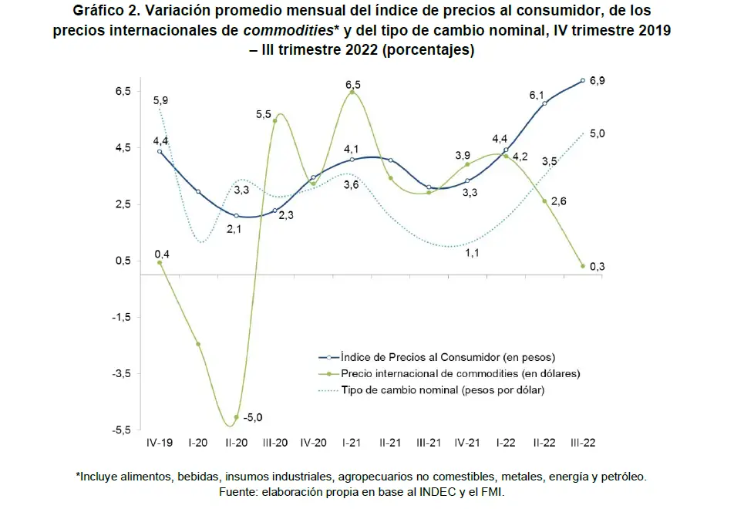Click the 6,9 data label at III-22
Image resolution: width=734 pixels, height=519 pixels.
point(598,81)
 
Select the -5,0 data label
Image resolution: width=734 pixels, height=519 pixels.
point(253,417)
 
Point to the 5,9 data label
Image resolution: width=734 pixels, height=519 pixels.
point(161,100)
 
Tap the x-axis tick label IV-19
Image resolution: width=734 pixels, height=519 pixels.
point(160,443)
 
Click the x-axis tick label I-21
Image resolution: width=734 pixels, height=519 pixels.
point(352,443)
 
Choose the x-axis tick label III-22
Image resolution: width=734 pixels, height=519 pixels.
point(582,443)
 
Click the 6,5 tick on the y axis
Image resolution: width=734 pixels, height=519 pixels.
point(122,91)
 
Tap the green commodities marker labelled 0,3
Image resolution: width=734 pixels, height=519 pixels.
point(583,266)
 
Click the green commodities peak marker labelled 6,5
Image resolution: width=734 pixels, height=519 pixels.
point(352,93)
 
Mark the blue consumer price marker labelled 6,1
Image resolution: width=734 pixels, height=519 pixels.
point(544,103)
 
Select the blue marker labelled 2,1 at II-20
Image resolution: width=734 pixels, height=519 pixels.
point(237,216)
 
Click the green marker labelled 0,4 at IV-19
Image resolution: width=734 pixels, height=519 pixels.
point(160,262)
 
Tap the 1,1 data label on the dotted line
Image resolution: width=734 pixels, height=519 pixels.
point(471,253)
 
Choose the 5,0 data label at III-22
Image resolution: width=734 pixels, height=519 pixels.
point(597,133)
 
